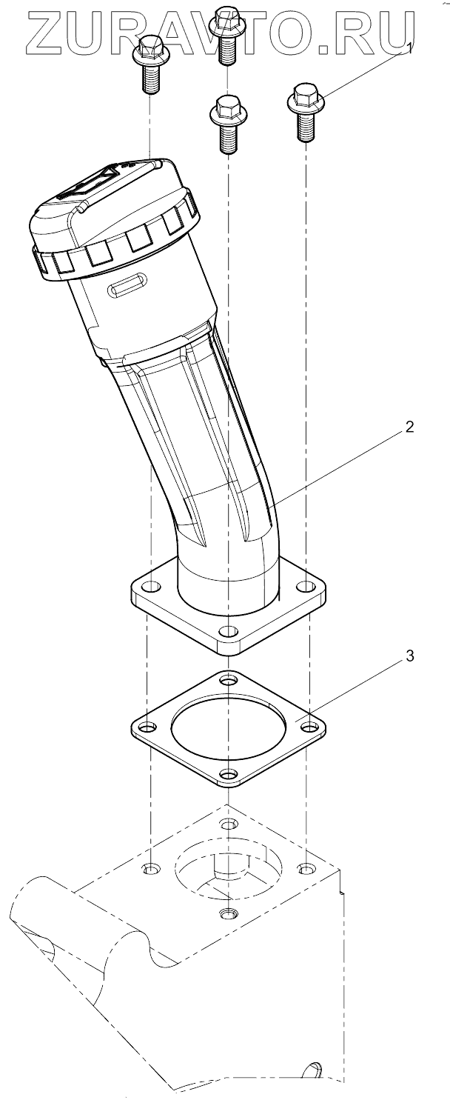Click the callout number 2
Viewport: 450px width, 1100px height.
tap(409, 426)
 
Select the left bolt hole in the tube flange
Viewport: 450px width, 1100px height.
tap(152, 587)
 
